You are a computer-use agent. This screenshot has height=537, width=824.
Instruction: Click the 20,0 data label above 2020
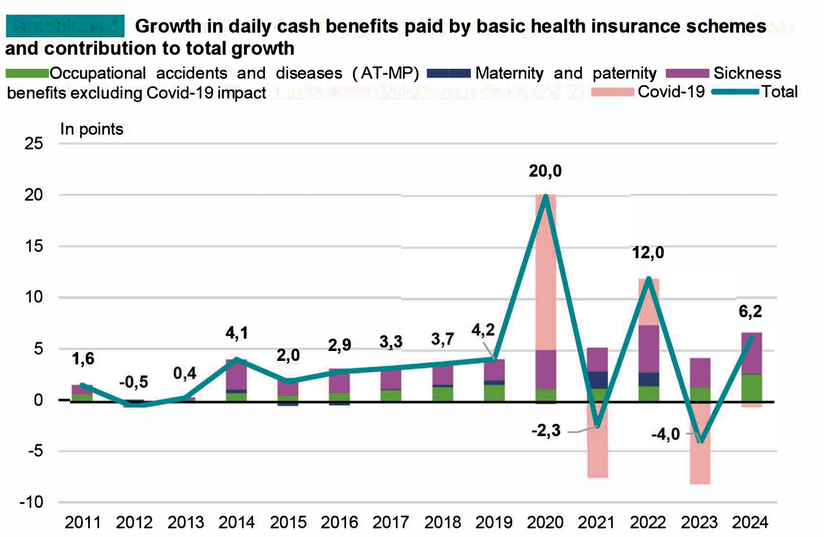545,171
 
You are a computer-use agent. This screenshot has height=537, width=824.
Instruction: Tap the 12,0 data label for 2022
648,253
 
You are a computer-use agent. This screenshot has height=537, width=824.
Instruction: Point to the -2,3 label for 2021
546,431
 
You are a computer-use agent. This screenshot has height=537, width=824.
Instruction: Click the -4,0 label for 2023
665,434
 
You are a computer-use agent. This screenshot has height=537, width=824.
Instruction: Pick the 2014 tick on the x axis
237,522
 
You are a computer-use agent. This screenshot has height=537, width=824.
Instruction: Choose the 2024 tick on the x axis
750,522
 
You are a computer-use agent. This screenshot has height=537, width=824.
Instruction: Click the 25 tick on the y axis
34,143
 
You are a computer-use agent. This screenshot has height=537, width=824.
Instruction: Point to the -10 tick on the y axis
32,502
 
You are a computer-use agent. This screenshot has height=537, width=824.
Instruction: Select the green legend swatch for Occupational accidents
27,73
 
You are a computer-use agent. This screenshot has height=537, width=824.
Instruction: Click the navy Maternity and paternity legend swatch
448,73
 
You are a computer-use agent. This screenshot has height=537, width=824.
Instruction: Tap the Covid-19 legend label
671,92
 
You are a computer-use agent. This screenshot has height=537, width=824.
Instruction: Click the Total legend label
779,92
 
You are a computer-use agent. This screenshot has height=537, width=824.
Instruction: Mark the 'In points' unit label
92,129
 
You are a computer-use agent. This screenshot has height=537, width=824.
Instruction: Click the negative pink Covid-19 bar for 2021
597,452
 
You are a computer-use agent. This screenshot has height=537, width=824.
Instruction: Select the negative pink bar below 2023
699,461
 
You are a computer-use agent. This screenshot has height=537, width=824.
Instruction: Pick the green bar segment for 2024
750,388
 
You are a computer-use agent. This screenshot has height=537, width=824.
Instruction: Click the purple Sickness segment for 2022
648,349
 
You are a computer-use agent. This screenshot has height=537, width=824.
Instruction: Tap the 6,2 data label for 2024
750,312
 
